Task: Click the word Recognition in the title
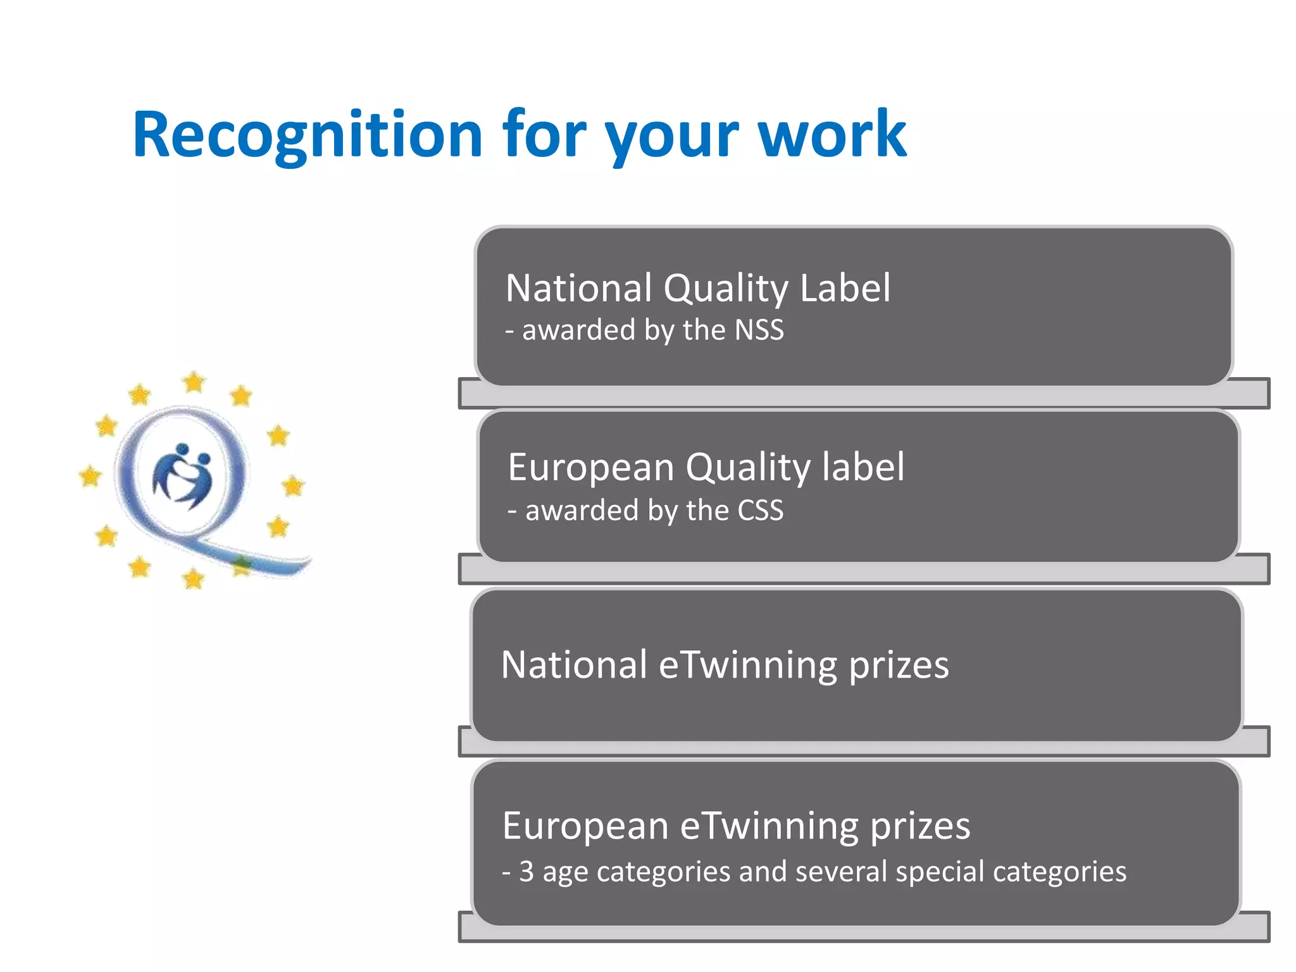pos(308,135)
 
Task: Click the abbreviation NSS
pos(759,330)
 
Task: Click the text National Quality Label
pos(698,289)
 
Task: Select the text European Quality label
pos(706,468)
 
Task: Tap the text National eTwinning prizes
pos(725,664)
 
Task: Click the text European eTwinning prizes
pos(736,826)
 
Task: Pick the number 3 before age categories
pos(526,871)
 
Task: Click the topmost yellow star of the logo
pos(194,382)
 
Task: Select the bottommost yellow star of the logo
pos(193,578)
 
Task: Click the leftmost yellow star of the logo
pos(90,475)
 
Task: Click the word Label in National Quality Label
pos(845,289)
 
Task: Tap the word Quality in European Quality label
pos(747,469)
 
